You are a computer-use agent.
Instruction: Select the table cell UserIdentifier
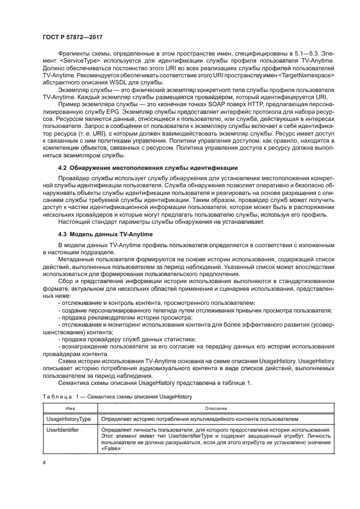(64, 430)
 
